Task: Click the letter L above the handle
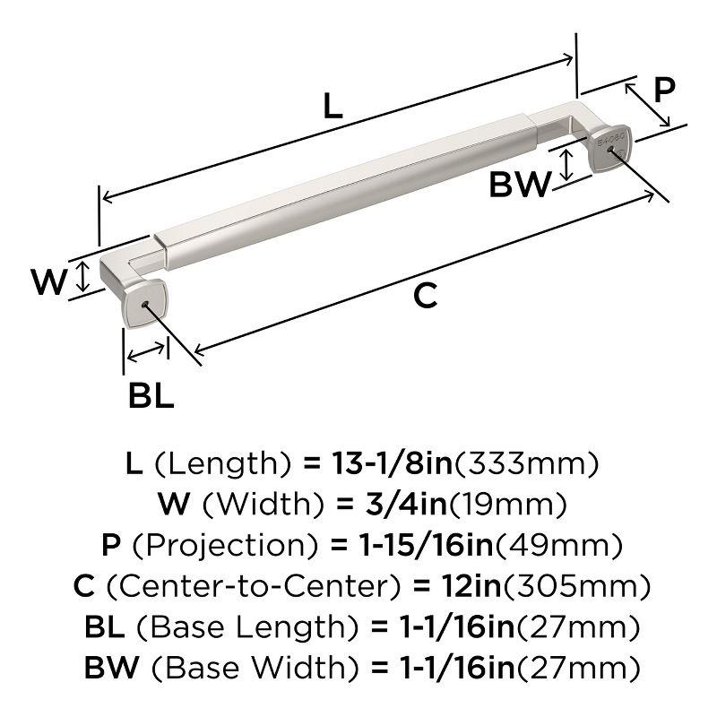(333, 108)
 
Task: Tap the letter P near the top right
(664, 91)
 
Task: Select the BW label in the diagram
(520, 186)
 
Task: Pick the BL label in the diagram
(151, 395)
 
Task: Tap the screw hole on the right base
(614, 153)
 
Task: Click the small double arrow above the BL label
(147, 354)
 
